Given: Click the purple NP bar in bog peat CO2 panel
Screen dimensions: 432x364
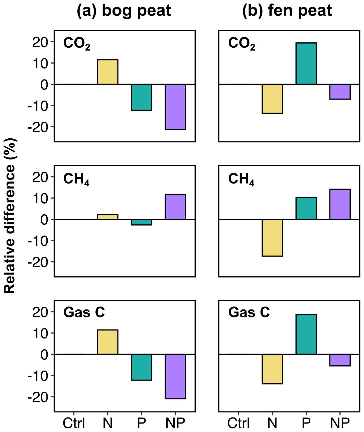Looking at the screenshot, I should click(175, 107).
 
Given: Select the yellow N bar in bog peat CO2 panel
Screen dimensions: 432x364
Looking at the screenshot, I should click(108, 72).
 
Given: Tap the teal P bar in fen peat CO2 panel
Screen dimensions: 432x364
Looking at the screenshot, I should click(306, 64).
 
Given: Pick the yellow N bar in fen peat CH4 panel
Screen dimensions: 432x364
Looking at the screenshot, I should click(272, 238).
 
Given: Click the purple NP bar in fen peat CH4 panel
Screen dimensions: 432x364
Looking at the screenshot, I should click(340, 204).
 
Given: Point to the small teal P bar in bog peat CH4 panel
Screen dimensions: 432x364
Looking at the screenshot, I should click(142, 222).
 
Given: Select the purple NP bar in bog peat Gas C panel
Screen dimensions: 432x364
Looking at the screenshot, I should click(175, 376).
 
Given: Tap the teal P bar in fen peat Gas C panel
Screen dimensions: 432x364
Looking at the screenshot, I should click(306, 334).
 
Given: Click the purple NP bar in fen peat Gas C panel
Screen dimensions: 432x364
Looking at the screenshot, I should click(340, 360).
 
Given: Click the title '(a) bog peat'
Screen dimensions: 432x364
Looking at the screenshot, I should click(124, 11).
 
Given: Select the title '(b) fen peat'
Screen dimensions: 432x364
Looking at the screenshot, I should click(287, 11).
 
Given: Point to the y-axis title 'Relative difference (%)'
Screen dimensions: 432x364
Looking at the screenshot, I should click(10, 216).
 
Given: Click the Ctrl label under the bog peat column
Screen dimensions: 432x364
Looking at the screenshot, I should click(74, 423).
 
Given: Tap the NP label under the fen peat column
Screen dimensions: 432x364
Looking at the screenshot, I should click(340, 423).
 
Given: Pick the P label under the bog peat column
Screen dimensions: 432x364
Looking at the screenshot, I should click(142, 423).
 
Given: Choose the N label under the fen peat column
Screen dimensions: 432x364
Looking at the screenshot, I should click(272, 423).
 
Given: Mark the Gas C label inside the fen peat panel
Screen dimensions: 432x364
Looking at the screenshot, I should click(249, 312).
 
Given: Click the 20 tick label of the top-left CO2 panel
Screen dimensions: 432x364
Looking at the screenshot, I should click(40, 42).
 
